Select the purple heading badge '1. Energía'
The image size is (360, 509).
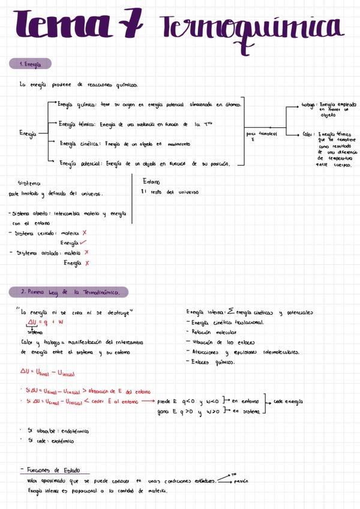click(x=30, y=64)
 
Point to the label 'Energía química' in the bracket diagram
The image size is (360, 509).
click(x=77, y=104)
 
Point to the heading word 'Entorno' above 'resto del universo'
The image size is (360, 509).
click(x=151, y=181)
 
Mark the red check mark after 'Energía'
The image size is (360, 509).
click(x=83, y=242)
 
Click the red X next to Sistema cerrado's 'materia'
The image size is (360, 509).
click(x=85, y=232)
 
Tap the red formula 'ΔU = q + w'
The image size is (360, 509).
click(x=42, y=322)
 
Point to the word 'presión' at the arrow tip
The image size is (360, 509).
click(x=241, y=481)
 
